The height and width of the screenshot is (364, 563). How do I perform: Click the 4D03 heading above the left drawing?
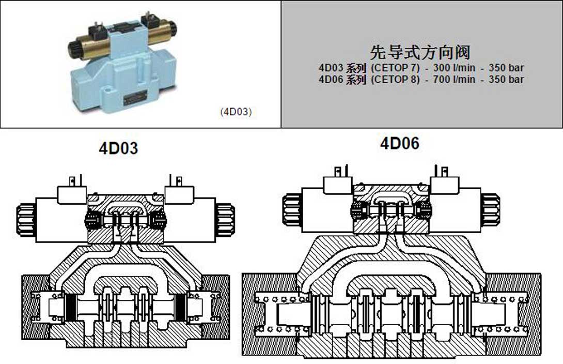[x=118, y=148]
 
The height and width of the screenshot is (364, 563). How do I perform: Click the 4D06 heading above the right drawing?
[x=400, y=143]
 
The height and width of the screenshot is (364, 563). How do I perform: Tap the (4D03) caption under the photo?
[x=236, y=112]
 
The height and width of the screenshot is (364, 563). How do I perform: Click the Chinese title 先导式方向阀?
[x=420, y=52]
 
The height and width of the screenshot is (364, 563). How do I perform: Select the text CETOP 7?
[x=395, y=68]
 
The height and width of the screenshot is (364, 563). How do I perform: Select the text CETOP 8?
[x=395, y=79]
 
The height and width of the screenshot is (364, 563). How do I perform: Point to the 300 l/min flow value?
[x=454, y=68]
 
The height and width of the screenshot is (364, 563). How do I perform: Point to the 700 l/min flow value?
[x=454, y=79]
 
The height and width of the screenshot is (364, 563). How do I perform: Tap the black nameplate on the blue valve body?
[x=135, y=98]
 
